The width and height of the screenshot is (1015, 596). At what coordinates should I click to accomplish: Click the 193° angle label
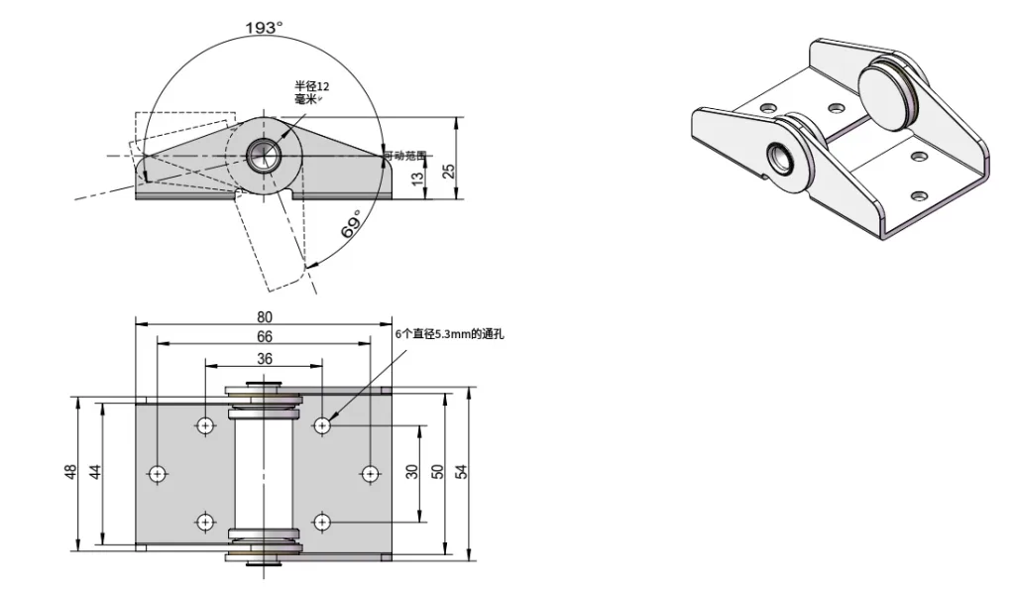(265, 28)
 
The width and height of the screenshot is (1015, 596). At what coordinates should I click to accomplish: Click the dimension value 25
(449, 171)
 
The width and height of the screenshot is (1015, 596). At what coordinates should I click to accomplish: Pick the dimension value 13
(417, 178)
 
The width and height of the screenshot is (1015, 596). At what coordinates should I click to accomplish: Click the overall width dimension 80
(265, 317)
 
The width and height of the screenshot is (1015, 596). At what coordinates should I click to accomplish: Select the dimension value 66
(265, 337)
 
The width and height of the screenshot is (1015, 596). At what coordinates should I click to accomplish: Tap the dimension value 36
(265, 358)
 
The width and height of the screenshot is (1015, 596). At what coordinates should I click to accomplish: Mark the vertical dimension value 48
(70, 473)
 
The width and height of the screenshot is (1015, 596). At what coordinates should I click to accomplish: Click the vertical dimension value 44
(96, 473)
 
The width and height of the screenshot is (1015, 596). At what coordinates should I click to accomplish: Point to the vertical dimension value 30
(412, 473)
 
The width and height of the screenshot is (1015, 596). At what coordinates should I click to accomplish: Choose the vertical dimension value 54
(461, 473)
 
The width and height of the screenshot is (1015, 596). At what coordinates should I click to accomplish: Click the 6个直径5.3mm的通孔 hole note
(449, 335)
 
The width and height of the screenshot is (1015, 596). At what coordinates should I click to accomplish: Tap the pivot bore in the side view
(263, 155)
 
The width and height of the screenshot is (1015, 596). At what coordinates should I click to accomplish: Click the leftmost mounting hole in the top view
(157, 473)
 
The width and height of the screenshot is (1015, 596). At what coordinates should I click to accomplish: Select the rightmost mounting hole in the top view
(371, 473)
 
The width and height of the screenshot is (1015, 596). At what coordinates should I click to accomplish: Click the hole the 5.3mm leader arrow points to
(322, 425)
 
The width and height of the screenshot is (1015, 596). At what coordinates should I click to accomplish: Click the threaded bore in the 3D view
(782, 158)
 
